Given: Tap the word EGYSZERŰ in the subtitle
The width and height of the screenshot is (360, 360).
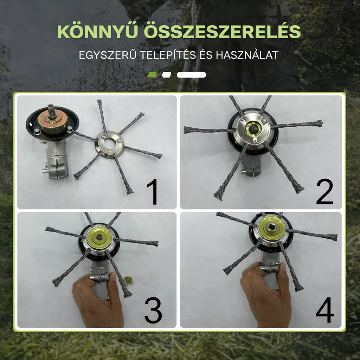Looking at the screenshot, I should (107, 55).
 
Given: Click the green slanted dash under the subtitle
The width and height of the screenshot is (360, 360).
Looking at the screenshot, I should (152, 75).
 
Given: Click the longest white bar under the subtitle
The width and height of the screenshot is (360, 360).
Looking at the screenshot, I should (191, 75).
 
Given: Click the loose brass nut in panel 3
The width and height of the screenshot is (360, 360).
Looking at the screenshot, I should (128, 281).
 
